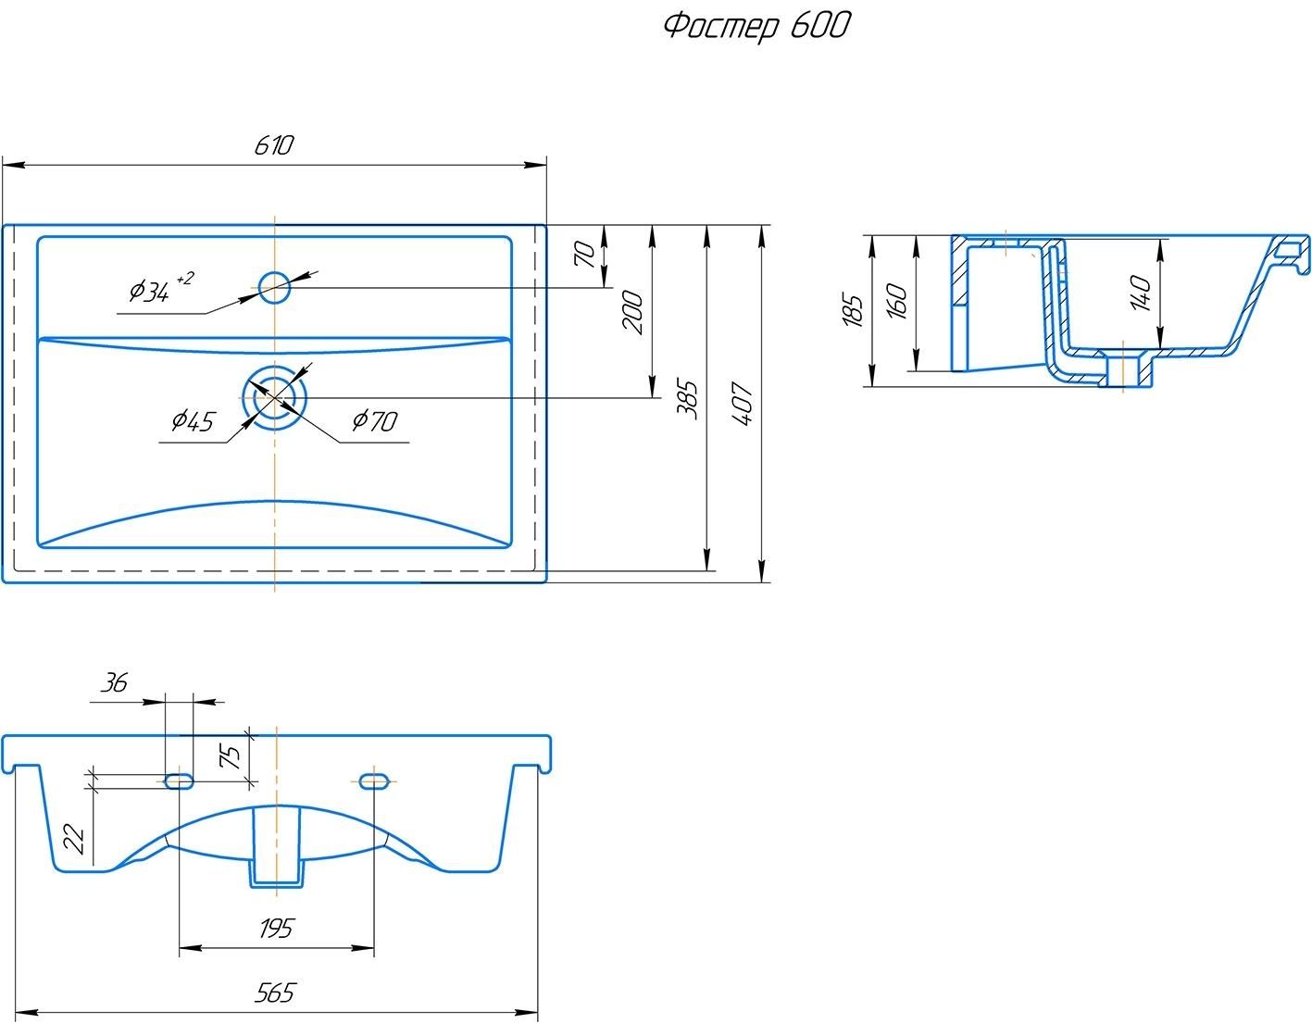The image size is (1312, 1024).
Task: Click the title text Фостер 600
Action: tap(756, 26)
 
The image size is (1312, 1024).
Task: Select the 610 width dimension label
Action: tap(274, 145)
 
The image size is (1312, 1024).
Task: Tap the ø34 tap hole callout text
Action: tap(159, 290)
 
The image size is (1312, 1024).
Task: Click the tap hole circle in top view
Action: tap(274, 287)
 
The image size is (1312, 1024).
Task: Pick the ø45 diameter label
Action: tap(192, 421)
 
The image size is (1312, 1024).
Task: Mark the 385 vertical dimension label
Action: tap(687, 400)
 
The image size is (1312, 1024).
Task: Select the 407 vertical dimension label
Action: tap(743, 404)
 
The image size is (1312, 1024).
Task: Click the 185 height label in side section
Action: tap(853, 310)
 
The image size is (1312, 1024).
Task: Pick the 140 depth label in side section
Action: tap(1141, 293)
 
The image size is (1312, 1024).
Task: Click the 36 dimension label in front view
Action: tap(114, 683)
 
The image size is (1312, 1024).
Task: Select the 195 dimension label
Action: tap(275, 928)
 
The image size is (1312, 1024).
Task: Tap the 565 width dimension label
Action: tap(275, 993)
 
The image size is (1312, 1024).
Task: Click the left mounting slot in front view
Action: tap(179, 781)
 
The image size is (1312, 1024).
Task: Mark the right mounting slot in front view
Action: tap(374, 781)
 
